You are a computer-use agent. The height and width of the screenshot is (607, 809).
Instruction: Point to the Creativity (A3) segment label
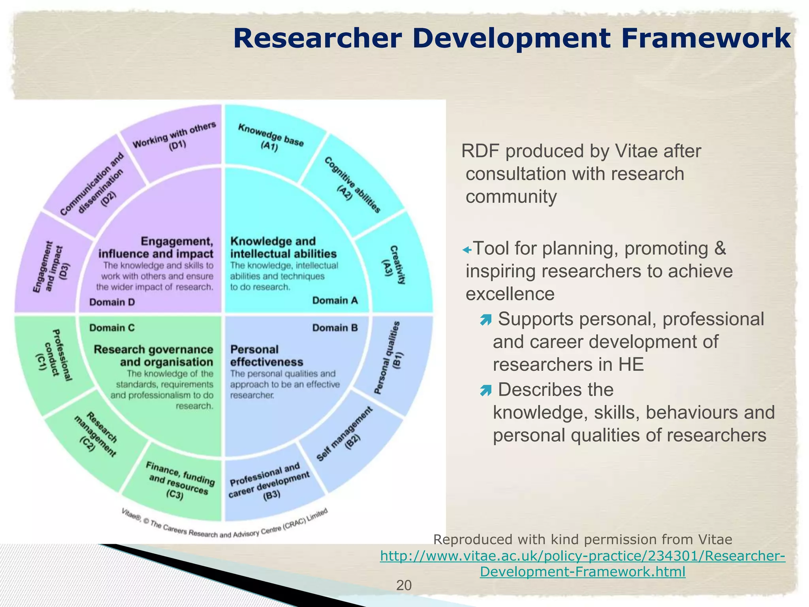click(x=393, y=265)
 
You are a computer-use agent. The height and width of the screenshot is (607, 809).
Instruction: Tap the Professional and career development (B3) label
click(x=270, y=482)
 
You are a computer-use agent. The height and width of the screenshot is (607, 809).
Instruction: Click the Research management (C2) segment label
click(x=95, y=435)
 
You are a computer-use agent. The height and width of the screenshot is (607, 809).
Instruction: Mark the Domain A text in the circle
click(x=335, y=301)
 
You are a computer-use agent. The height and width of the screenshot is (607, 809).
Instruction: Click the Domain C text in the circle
click(x=112, y=328)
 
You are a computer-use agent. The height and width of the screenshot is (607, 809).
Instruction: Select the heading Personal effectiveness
click(x=267, y=356)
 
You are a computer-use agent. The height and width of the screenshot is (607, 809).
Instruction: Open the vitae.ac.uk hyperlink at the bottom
click(x=583, y=564)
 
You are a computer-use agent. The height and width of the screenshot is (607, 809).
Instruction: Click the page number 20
click(x=404, y=585)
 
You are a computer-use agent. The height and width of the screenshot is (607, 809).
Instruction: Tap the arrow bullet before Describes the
click(x=485, y=391)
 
